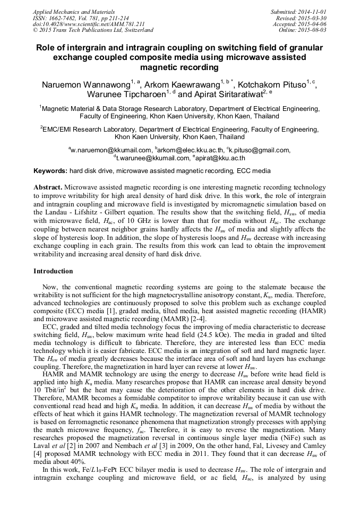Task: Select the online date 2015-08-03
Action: coord(313,30)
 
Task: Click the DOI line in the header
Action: coord(89,24)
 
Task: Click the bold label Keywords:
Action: coord(50,171)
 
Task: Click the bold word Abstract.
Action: coord(48,188)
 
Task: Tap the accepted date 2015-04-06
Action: coord(313,24)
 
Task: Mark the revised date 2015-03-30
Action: coord(313,18)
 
